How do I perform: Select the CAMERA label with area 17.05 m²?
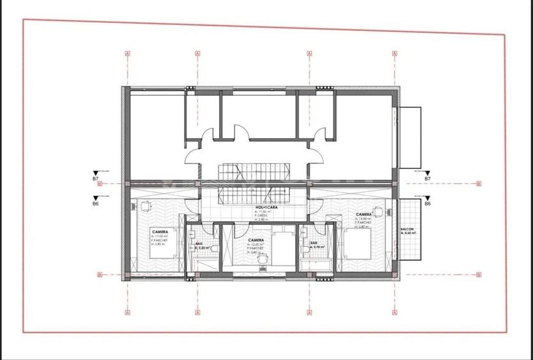pyautogui.click(x=160, y=231)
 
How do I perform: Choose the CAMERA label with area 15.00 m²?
pyautogui.click(x=364, y=215)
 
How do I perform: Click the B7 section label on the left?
pyautogui.click(x=95, y=179)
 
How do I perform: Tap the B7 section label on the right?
pyautogui.click(x=428, y=179)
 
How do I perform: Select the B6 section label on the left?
pyautogui.click(x=95, y=203)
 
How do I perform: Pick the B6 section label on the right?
pyautogui.click(x=428, y=203)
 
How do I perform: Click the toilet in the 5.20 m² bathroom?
pyautogui.click(x=216, y=249)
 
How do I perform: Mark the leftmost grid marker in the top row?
pyautogui.click(x=128, y=54)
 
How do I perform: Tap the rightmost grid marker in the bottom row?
pyautogui.click(x=394, y=313)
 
